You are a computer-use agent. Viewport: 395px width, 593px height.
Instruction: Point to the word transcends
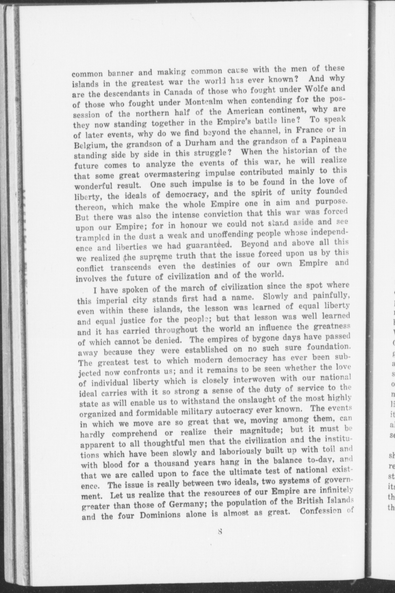pos(131,268)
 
